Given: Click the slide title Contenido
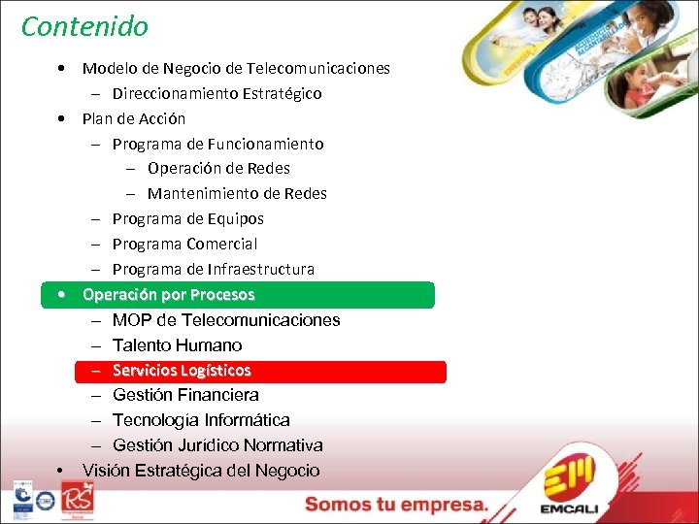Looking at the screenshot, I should (x=84, y=26).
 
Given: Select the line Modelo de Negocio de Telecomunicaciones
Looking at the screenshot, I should (x=236, y=69).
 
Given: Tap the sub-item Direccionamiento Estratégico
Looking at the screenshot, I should (x=216, y=94).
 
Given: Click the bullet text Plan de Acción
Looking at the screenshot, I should (x=134, y=119).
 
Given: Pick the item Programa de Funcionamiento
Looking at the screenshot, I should (x=217, y=145).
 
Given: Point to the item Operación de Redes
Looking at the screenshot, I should (x=218, y=169).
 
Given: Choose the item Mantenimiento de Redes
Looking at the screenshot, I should (x=237, y=194).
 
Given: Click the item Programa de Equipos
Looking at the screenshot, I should (x=187, y=219).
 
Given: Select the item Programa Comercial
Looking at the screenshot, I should (x=184, y=245).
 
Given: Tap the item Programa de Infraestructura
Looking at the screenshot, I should (x=213, y=270).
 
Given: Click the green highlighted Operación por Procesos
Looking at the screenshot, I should (x=169, y=295).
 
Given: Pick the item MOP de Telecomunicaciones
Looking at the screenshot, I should (x=226, y=320).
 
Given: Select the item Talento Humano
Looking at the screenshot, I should (x=177, y=345).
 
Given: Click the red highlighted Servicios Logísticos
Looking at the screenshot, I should (x=182, y=371).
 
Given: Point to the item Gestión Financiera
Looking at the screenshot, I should (x=185, y=395).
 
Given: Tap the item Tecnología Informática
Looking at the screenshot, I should (x=201, y=420).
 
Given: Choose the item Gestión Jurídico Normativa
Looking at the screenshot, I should (x=217, y=445).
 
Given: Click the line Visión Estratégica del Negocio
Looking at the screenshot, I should (x=201, y=471).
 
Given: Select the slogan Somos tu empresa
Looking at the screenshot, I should (x=397, y=505).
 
